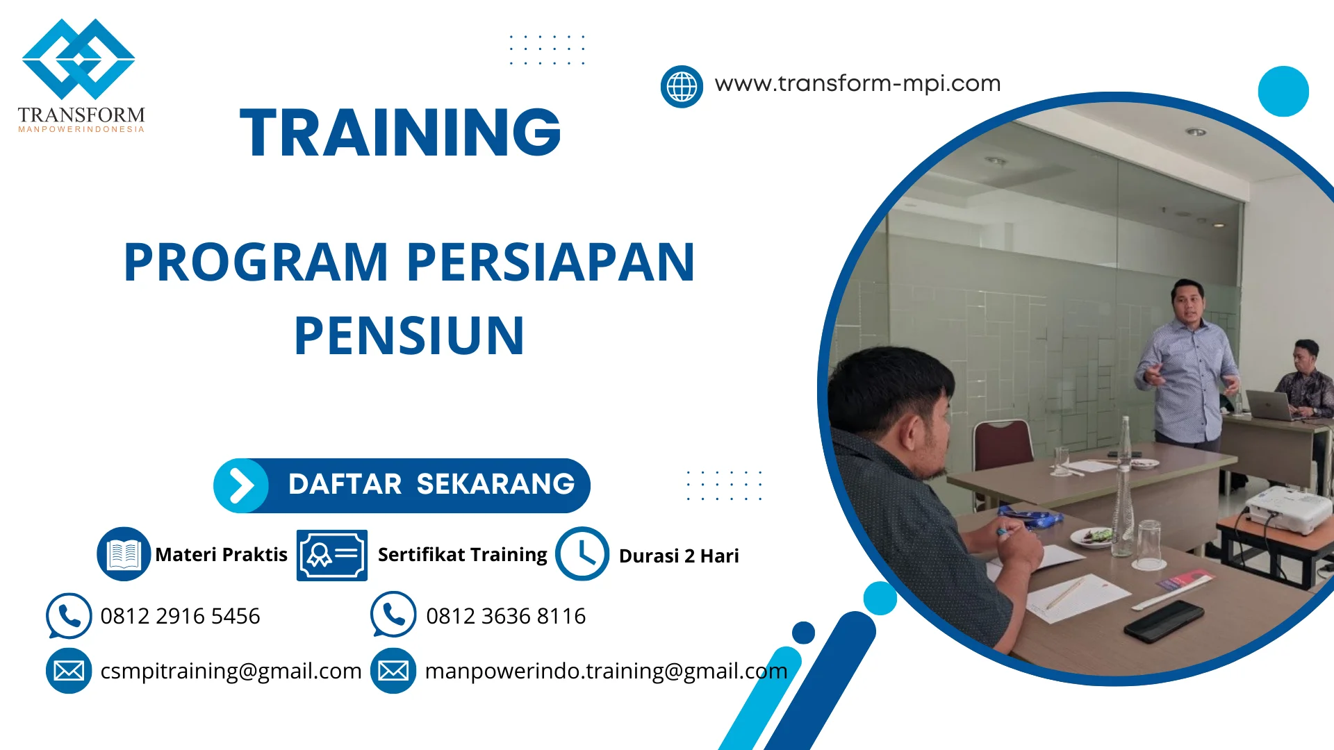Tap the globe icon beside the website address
[682, 87]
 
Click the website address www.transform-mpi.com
[857, 83]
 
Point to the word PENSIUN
[409, 336]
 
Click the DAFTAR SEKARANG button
[402, 485]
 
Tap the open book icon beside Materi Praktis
[124, 553]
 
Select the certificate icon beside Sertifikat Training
[332, 555]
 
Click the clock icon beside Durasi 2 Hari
[582, 553]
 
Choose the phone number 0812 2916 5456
[180, 616]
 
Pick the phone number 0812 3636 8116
[506, 616]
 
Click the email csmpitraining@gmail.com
[231, 671]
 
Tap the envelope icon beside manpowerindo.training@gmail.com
[393, 671]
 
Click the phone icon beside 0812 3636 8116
[393, 615]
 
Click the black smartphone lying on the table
[1164, 620]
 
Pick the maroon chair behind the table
[1003, 444]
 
